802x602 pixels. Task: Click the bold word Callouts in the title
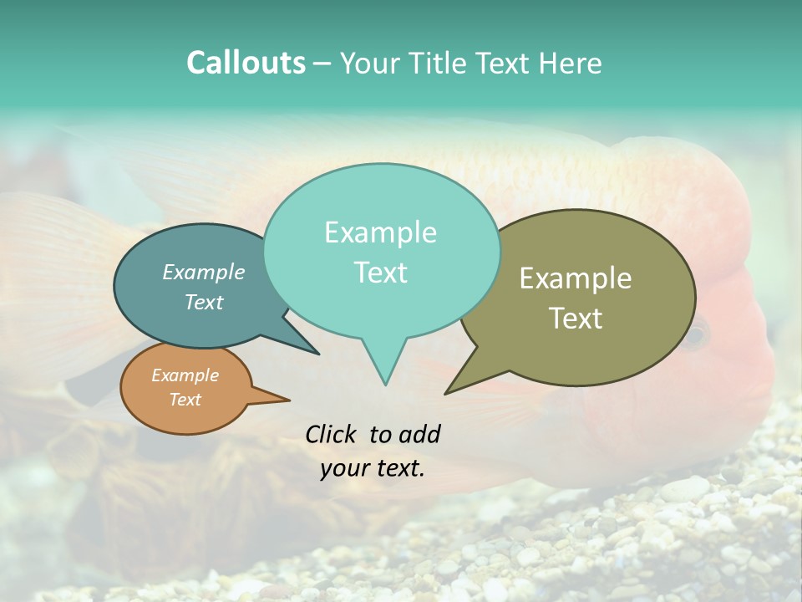coord(246,64)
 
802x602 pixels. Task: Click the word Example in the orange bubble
coord(185,375)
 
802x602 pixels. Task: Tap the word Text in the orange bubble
coord(185,400)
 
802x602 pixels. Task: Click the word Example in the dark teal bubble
coord(203,273)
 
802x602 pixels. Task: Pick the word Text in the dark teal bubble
coord(203,302)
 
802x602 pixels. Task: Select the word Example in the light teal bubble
coord(380,232)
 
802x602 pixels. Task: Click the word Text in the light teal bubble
coord(380,273)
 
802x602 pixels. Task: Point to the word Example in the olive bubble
coord(576,278)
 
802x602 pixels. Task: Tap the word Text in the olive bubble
coord(576,319)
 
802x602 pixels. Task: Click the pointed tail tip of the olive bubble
coord(446,393)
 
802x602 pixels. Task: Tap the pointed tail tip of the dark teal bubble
coord(318,354)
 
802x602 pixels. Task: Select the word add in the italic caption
coord(419,434)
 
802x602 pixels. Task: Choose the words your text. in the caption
coord(373,468)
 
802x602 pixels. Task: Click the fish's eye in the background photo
coord(694,335)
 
